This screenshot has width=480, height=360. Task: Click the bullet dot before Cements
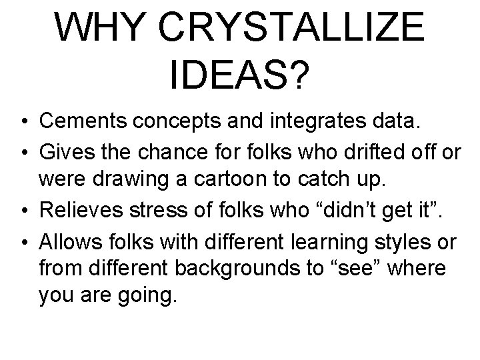click(24, 122)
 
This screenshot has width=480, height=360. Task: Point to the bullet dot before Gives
click(24, 153)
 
